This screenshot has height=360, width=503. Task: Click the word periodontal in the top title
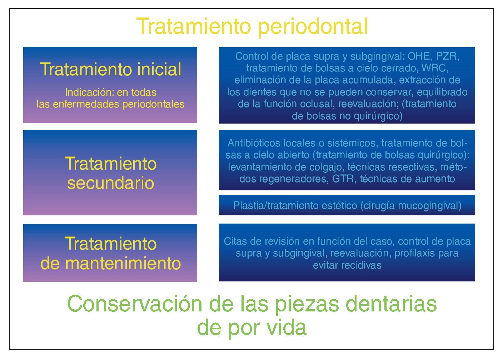click(x=313, y=27)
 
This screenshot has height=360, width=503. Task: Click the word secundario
click(x=111, y=183)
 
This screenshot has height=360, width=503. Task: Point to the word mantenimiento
click(x=123, y=264)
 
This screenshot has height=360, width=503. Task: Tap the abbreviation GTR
click(x=344, y=179)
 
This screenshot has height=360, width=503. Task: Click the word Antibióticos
click(x=254, y=143)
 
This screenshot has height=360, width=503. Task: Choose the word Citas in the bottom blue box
click(x=235, y=241)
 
